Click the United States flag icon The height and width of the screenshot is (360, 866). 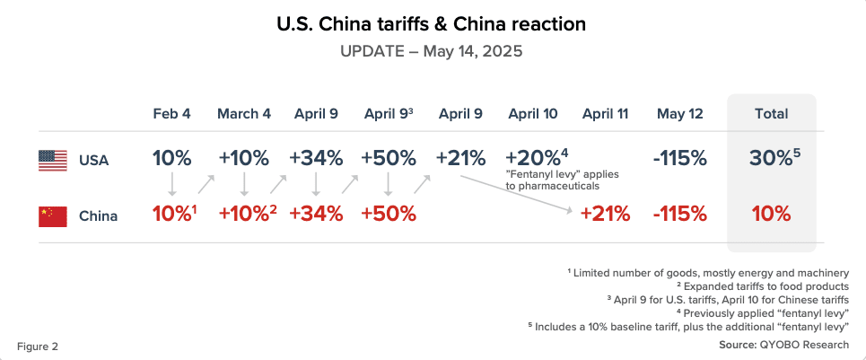(x=53, y=161)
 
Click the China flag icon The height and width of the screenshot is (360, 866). (x=53, y=216)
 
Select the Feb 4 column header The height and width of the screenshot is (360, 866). (x=171, y=114)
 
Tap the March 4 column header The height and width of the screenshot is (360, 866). (x=243, y=114)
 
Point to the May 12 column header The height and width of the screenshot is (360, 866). (x=679, y=114)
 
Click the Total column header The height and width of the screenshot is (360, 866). (x=771, y=114)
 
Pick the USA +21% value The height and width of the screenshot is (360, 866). (x=459, y=158)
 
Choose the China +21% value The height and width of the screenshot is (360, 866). (x=605, y=215)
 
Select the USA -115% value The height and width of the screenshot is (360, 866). (x=680, y=158)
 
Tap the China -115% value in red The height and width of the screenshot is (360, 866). (x=680, y=215)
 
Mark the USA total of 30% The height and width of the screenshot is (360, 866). (x=770, y=158)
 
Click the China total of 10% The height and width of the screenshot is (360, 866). (x=771, y=215)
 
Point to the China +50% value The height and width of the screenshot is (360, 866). (x=388, y=215)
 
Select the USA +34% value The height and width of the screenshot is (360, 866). (x=316, y=158)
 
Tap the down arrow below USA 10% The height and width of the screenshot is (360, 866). (x=172, y=185)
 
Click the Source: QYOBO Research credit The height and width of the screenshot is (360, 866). (x=783, y=345)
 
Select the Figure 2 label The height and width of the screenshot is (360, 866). (x=38, y=346)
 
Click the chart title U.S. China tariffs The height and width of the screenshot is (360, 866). (x=432, y=25)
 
